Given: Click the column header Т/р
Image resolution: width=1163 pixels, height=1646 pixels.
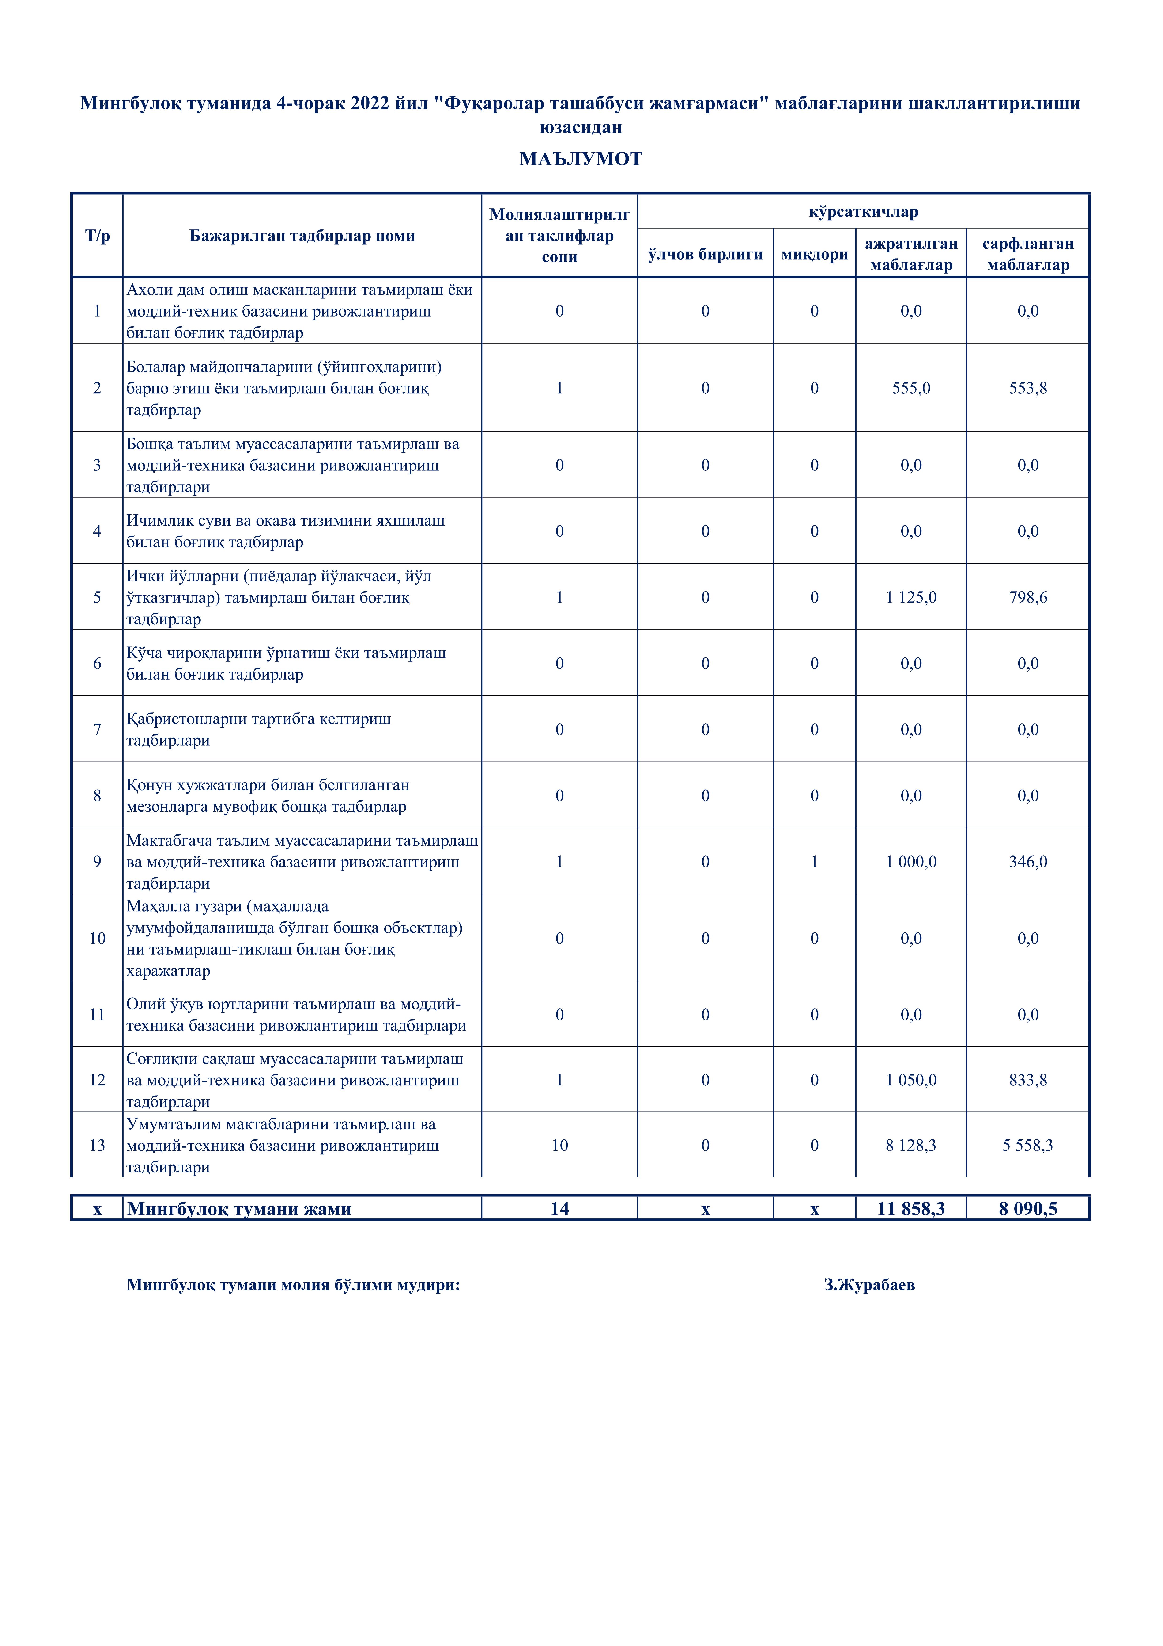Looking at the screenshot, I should pyautogui.click(x=98, y=236).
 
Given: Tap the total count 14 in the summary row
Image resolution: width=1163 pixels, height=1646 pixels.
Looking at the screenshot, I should pyautogui.click(x=560, y=1209).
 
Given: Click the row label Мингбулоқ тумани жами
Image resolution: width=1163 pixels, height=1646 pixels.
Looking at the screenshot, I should pyautogui.click(x=239, y=1209).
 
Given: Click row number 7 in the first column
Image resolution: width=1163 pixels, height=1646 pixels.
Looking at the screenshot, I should pyautogui.click(x=98, y=729).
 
